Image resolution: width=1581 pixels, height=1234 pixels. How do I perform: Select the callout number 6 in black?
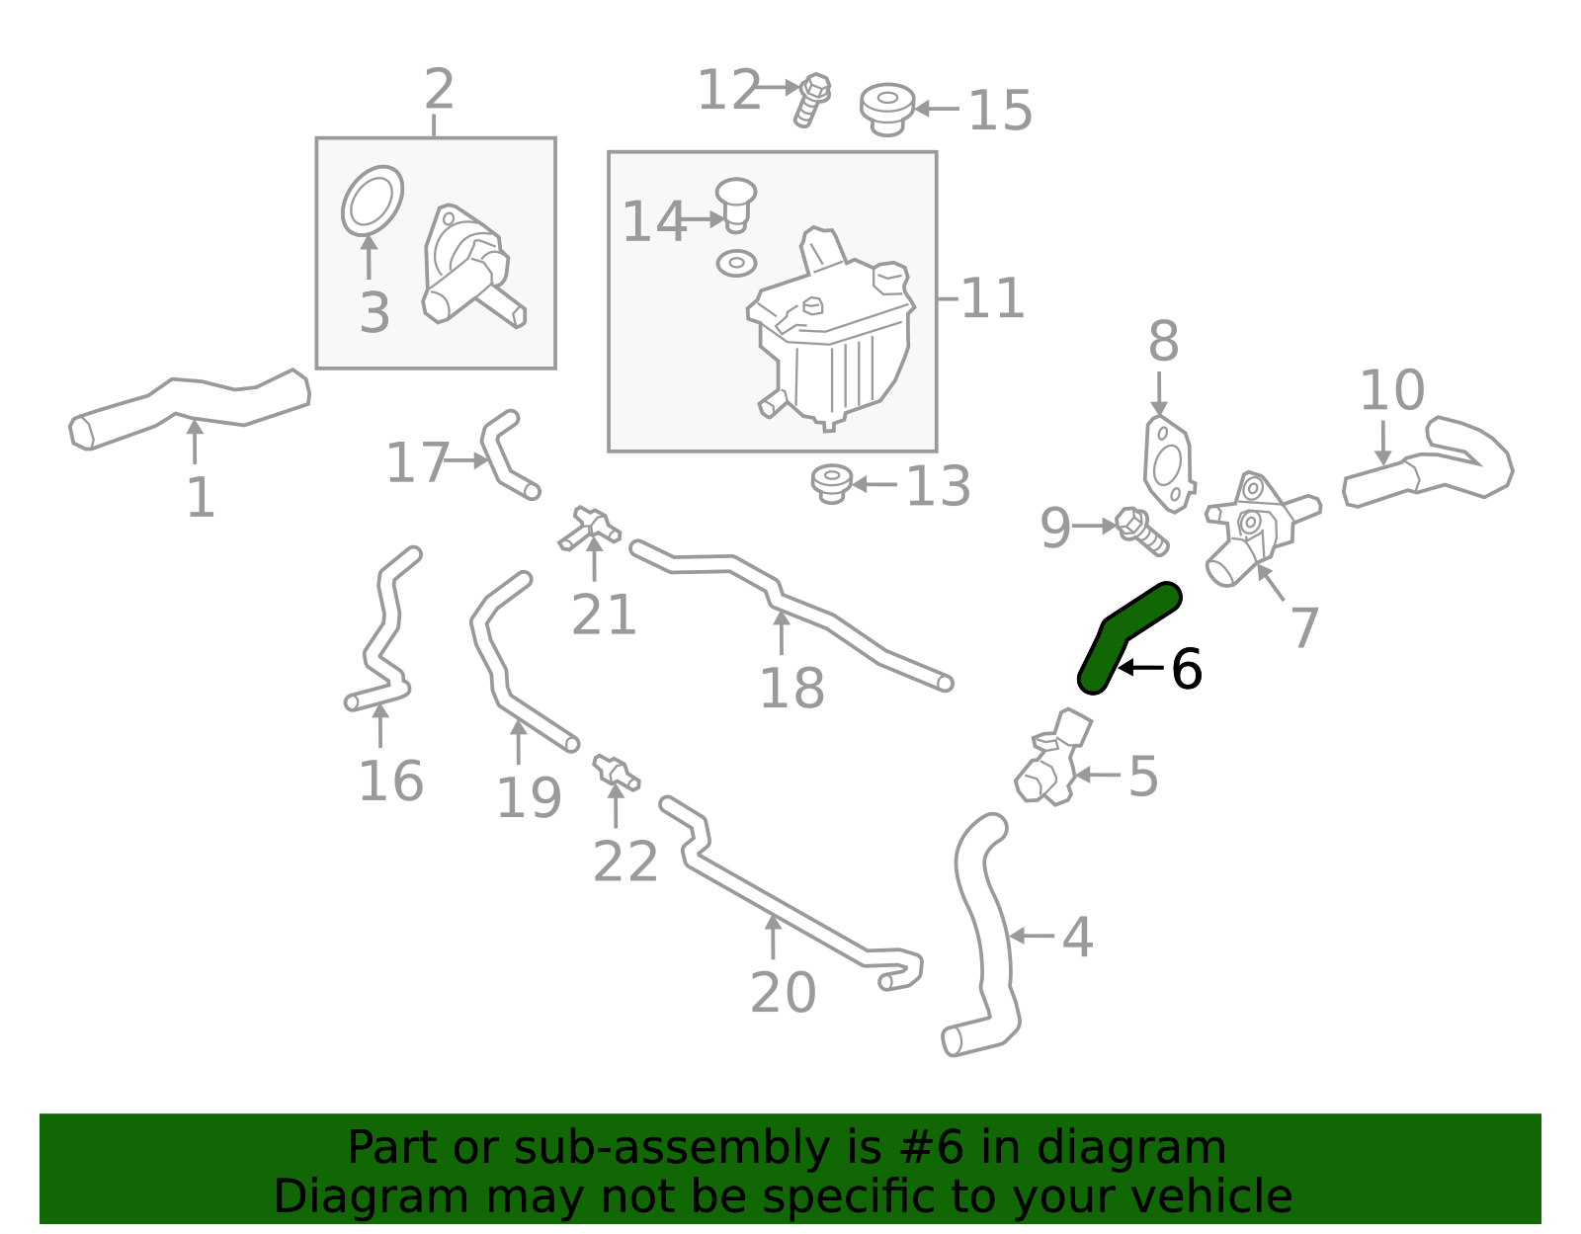pos(1186,670)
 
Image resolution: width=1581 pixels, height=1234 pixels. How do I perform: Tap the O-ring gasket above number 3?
pos(373,202)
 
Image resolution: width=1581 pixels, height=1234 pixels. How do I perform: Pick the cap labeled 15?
pos(886,108)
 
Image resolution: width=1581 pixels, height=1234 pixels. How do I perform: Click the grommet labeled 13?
pos(832,483)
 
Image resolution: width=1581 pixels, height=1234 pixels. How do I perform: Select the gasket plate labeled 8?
pos(1168,464)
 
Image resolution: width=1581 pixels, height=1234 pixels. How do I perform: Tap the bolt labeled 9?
pos(1141,531)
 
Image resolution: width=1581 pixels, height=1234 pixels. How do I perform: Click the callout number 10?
pos(1391,390)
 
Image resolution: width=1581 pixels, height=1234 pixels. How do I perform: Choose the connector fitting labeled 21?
pos(590,527)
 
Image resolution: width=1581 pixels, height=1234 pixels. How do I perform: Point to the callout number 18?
pos(791,689)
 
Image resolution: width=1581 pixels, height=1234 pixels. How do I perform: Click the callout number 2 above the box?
pos(439,90)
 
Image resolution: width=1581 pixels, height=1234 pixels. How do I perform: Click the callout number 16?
pos(391,782)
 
